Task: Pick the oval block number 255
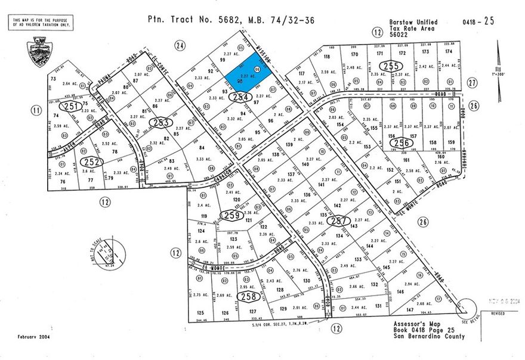point(391,66)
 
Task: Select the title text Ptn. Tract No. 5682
point(194,19)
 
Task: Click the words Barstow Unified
point(413,22)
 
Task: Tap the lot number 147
point(410,311)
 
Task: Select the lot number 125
point(200,312)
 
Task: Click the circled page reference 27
point(472,83)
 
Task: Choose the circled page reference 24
point(179,45)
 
